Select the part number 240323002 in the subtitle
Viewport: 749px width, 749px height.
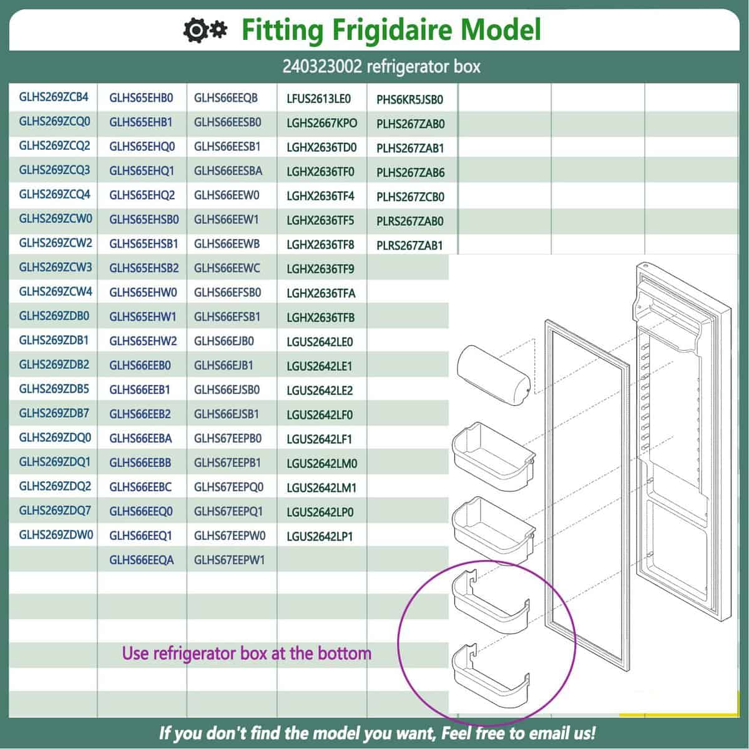click(x=321, y=66)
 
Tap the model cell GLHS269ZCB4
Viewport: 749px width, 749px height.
click(x=54, y=97)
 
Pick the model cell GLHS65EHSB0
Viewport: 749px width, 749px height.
click(x=144, y=219)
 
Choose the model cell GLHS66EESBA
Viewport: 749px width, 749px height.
click(x=228, y=171)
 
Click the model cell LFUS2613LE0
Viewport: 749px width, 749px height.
click(x=319, y=99)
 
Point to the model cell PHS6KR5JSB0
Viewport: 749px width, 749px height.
click(x=409, y=99)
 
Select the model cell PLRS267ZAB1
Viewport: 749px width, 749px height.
click(x=409, y=245)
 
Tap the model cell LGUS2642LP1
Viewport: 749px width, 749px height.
click(x=320, y=536)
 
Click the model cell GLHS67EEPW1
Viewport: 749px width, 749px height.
click(x=229, y=560)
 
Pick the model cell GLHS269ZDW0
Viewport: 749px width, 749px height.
click(x=56, y=535)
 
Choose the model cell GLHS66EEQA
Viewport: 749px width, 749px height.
click(x=141, y=560)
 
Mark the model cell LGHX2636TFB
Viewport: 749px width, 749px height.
click(x=320, y=318)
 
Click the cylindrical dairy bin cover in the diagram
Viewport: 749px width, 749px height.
click(x=494, y=371)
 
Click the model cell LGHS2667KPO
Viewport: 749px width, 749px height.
click(x=322, y=123)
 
